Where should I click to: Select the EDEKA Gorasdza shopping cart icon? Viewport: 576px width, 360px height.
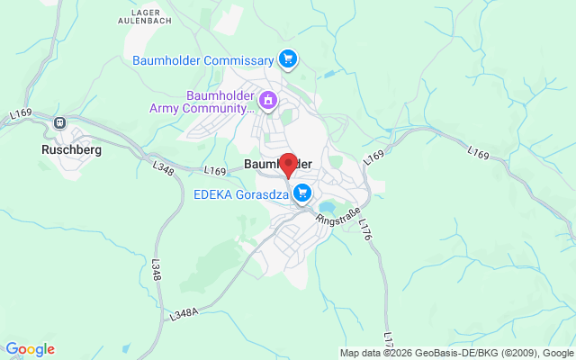click(x=302, y=192)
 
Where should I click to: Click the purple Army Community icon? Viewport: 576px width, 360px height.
click(x=267, y=102)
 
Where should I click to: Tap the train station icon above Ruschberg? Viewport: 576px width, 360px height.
click(x=60, y=123)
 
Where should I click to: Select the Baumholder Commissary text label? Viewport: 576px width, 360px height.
click(x=202, y=60)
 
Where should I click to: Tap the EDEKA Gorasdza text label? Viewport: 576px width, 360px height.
click(x=240, y=193)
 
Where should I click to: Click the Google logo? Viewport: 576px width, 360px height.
click(x=30, y=349)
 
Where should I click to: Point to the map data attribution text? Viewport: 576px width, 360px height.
click(x=456, y=352)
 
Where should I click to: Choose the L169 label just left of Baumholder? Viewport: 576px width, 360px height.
click(x=215, y=171)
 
